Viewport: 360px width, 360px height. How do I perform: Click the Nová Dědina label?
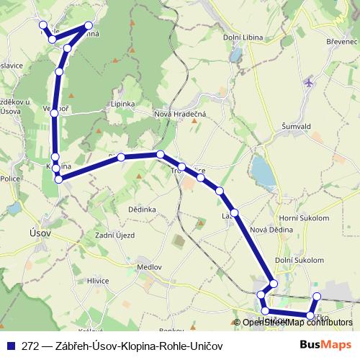pyautogui.click(x=269, y=230)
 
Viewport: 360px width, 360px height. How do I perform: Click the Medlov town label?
pyautogui.click(x=149, y=266)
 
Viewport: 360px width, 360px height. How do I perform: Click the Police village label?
pyautogui.click(x=10, y=179)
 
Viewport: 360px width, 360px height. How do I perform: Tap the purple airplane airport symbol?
pyautogui.click(x=310, y=82)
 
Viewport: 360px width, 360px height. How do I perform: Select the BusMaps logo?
pyautogui.click(x=328, y=346)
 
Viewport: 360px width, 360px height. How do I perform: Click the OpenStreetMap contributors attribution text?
pyautogui.click(x=297, y=323)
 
